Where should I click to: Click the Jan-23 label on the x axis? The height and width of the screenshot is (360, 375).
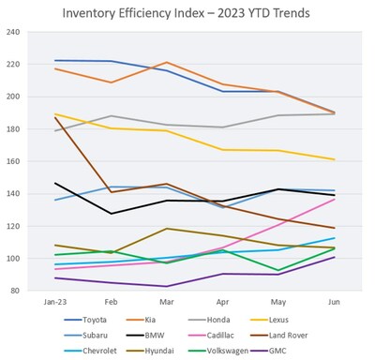[x=55, y=303]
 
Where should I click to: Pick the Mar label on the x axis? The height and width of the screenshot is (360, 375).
[x=166, y=303]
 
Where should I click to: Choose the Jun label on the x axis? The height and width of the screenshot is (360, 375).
[x=335, y=303]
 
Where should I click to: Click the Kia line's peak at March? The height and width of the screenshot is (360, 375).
[x=166, y=63]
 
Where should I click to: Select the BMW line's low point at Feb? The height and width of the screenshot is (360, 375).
[x=111, y=214]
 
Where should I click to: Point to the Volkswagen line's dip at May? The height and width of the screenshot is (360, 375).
[x=278, y=270]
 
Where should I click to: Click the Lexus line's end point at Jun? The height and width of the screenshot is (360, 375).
[x=335, y=159]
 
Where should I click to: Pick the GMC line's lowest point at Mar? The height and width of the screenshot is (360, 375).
[x=166, y=286]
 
